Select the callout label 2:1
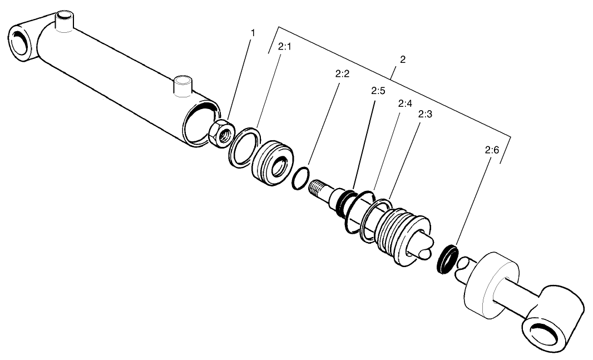pyautogui.click(x=284, y=47)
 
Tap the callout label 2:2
pyautogui.click(x=342, y=74)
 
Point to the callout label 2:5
pyautogui.click(x=378, y=91)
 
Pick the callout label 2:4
pyautogui.click(x=404, y=103)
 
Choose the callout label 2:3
pyautogui.click(x=426, y=114)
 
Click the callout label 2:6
pyautogui.click(x=492, y=150)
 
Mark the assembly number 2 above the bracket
pyautogui.click(x=402, y=60)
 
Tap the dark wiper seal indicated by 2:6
pyautogui.click(x=447, y=258)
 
